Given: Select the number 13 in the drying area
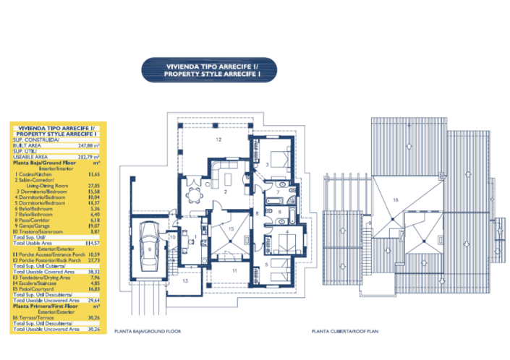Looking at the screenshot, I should coord(185,280).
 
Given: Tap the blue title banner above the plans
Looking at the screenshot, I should coord(210,70).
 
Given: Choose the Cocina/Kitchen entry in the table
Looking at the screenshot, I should coord(33,174).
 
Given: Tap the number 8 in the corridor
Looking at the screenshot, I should coord(256,214).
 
